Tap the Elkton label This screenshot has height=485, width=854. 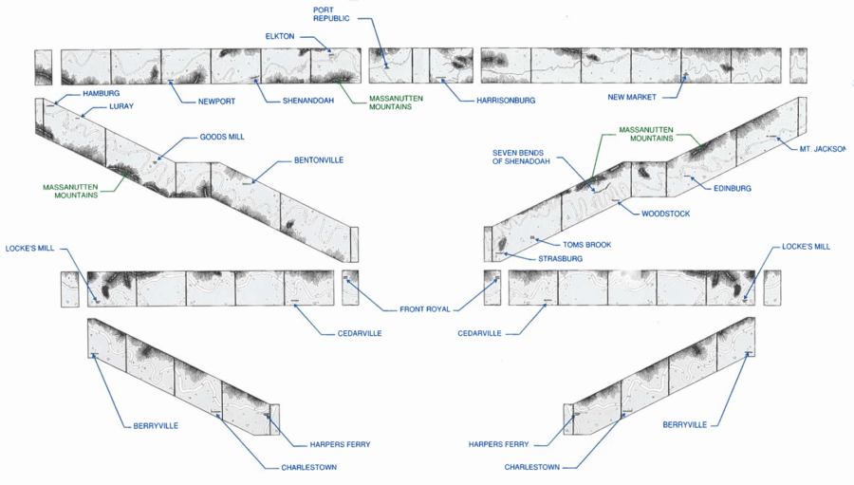tap(280, 36)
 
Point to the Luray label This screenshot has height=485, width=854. tap(121, 106)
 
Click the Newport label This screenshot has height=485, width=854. tap(216, 101)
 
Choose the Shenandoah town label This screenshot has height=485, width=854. tap(308, 101)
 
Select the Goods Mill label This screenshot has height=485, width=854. tap(222, 137)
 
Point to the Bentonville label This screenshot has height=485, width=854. tap(319, 160)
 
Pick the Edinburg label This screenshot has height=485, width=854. tap(732, 188)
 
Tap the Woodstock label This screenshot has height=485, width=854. tap(666, 214)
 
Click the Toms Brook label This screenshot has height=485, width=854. tap(586, 245)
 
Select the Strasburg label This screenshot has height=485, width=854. tap(561, 258)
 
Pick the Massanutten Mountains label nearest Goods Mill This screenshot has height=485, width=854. tap(70, 191)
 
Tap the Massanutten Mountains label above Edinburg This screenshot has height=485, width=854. tap(646, 134)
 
